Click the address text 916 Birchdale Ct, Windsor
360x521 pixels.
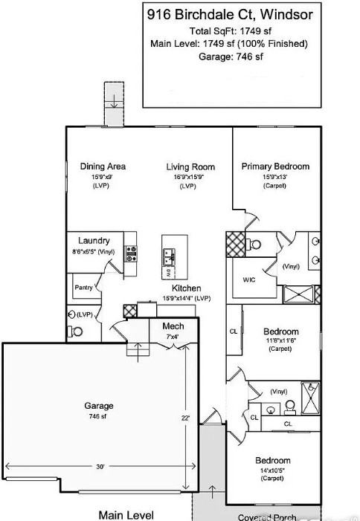230,13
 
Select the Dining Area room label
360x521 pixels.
103,166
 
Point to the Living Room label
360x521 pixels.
190,167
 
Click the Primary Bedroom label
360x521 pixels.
275,166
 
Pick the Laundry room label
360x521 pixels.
95,241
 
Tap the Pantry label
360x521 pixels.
82,287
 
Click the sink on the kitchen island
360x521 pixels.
170,257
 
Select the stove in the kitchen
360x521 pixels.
131,255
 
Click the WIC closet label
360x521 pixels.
249,280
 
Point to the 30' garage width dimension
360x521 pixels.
100,466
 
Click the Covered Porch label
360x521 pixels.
268,517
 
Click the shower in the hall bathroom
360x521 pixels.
309,392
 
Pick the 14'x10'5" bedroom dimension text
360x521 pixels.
273,470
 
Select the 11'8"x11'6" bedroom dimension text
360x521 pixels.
280,340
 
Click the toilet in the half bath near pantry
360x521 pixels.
72,314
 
